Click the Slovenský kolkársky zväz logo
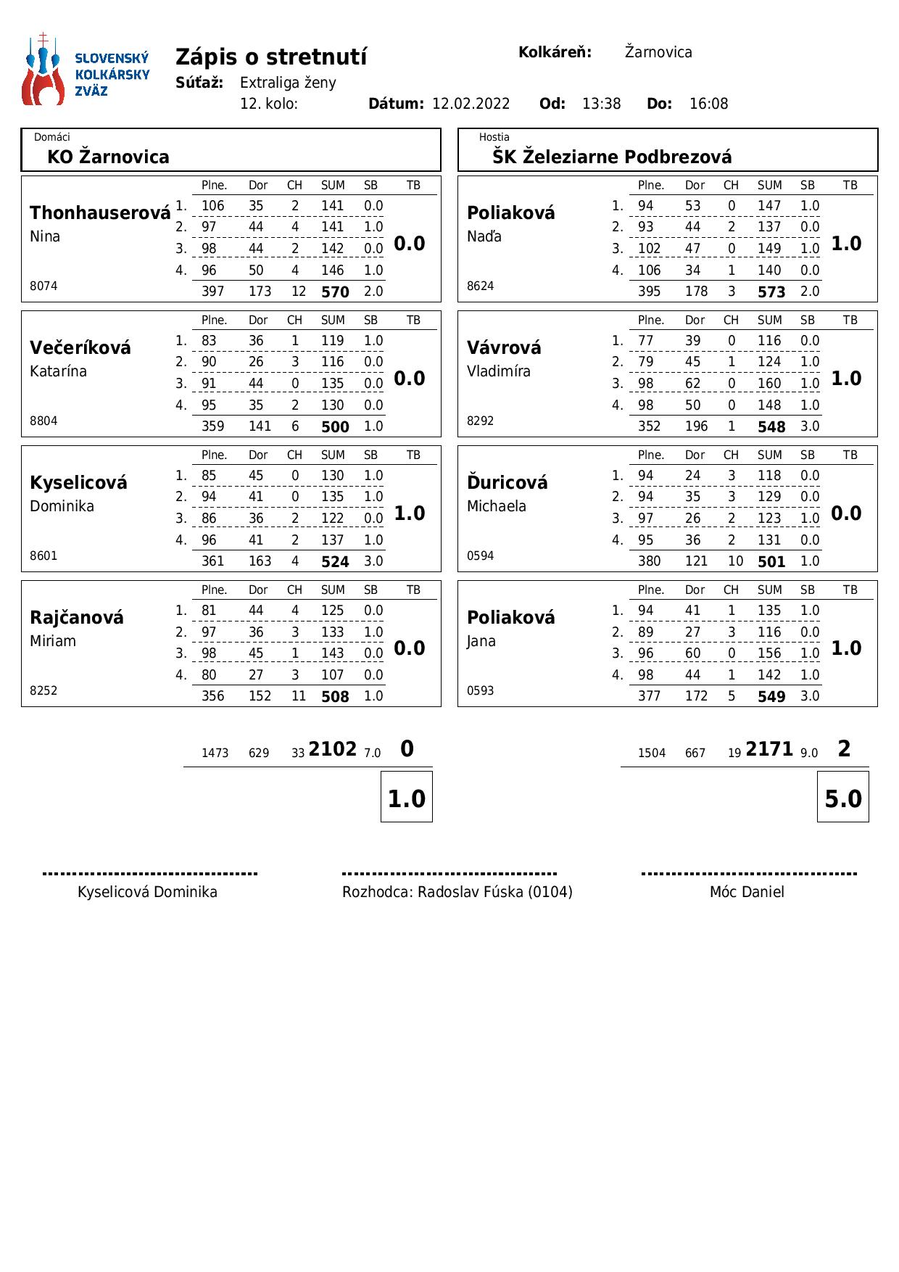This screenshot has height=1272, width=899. pos(86,70)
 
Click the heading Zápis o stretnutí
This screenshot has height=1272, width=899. pos(271,57)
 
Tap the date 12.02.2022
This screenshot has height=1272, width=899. pos(471,104)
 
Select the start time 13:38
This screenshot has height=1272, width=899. pos(601,104)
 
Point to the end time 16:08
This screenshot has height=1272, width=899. pos(708,104)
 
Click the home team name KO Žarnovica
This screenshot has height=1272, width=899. pos(108,157)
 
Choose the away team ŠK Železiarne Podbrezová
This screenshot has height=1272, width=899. pos(612,157)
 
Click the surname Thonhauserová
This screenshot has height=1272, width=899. pos(100,213)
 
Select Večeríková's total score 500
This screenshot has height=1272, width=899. pos(335,427)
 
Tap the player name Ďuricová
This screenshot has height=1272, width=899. pos(507,483)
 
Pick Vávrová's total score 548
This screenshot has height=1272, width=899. pos(771,427)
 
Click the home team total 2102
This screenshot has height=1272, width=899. pos(332,749)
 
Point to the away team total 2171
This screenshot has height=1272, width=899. pos(769,749)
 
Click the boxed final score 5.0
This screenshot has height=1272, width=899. pos(843,798)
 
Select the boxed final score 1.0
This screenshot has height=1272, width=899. pos(406,798)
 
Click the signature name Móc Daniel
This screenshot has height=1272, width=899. pos(747,892)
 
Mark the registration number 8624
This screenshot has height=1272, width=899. pos(480,286)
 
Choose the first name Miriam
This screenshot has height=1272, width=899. pos(53,641)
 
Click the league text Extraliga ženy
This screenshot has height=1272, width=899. pos(288,83)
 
